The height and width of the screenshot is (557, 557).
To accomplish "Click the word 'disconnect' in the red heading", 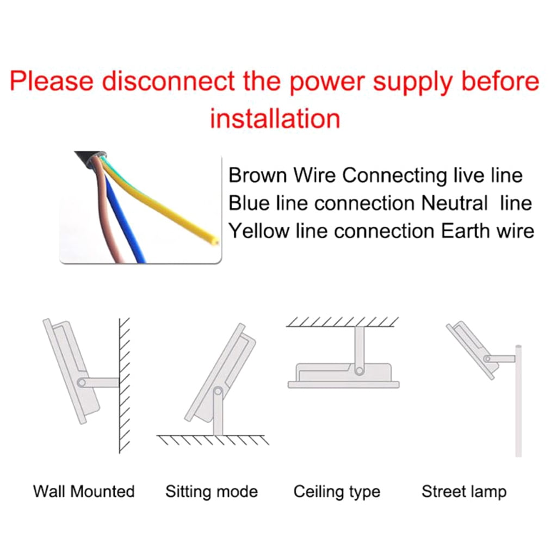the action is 169,81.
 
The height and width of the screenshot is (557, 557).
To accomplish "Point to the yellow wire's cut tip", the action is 214,242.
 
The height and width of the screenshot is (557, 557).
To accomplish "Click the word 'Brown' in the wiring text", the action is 257,175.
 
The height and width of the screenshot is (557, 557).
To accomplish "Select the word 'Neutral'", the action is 454,203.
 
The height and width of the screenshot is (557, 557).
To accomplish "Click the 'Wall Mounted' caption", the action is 84,492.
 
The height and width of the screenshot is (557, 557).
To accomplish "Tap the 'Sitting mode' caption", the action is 212,492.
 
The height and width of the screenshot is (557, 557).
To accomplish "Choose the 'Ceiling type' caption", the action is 337,492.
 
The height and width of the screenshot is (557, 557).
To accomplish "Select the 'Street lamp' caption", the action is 464,492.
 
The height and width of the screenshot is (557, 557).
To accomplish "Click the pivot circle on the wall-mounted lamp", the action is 82,382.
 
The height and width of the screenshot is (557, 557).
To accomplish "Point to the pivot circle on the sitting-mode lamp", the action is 218,392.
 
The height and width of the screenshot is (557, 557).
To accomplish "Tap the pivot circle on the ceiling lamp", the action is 359,371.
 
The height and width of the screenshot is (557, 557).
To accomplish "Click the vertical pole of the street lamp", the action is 518,401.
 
